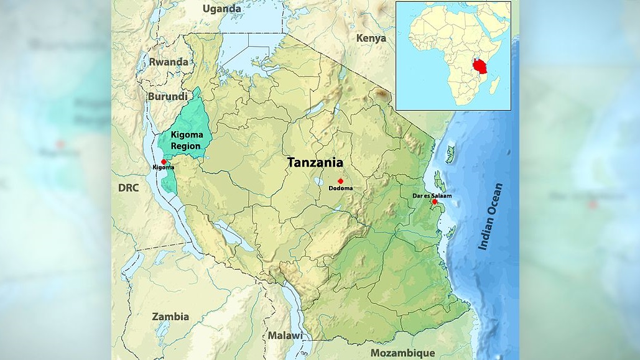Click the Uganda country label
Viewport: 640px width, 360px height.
point(222,9)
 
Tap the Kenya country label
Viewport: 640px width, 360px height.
point(371,38)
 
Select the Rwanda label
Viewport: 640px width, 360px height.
point(168,62)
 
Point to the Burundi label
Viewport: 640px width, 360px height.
point(167,96)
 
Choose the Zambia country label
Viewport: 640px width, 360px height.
point(170,316)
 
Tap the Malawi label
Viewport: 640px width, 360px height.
point(285,336)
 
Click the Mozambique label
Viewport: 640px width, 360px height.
point(402,353)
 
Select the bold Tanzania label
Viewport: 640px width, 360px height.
point(315,162)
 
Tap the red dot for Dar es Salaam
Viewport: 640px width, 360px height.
point(434,201)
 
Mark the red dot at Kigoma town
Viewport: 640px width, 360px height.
point(164,162)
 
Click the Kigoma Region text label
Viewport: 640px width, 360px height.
point(186,140)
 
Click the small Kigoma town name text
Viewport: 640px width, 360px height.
point(163,167)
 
